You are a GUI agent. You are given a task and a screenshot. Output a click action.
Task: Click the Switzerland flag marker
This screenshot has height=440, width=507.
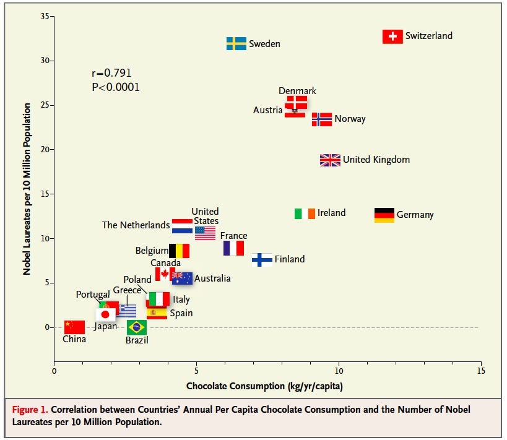[x=392, y=37]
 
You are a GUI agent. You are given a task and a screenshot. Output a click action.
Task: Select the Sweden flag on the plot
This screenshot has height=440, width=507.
[x=236, y=44]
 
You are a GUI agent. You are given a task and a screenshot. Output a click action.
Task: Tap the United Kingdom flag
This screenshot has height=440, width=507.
[x=330, y=160]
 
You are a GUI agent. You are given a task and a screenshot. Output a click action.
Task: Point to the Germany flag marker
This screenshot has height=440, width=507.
[x=384, y=215]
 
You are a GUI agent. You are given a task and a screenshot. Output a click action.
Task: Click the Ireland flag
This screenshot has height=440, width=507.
[x=305, y=214]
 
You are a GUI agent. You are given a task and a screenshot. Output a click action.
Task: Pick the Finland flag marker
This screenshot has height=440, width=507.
[x=262, y=259]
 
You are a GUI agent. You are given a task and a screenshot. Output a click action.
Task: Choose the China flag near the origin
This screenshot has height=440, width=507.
[x=74, y=327]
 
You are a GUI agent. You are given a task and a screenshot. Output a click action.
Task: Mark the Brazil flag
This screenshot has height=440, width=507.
[x=137, y=327]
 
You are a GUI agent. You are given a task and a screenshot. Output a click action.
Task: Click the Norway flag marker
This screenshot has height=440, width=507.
[x=322, y=119]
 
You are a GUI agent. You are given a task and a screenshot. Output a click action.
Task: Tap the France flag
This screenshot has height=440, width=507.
[x=233, y=248]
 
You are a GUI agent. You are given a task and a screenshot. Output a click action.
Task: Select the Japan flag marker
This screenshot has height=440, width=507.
[x=105, y=314]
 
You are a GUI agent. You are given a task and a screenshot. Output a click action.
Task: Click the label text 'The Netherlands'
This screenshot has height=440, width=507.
[x=136, y=225]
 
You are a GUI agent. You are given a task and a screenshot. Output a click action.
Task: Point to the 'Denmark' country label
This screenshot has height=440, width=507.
[x=297, y=91]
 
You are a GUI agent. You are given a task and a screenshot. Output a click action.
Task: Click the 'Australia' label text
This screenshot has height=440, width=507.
[x=212, y=278]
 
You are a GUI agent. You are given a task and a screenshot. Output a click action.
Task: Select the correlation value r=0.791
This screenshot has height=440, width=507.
[x=111, y=73]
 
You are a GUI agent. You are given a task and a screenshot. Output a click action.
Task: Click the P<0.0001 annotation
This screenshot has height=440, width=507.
[x=116, y=87]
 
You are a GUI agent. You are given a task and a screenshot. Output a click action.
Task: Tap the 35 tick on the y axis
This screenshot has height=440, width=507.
[x=45, y=16]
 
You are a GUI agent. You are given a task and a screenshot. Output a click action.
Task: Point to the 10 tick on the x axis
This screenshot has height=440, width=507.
[x=339, y=371]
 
